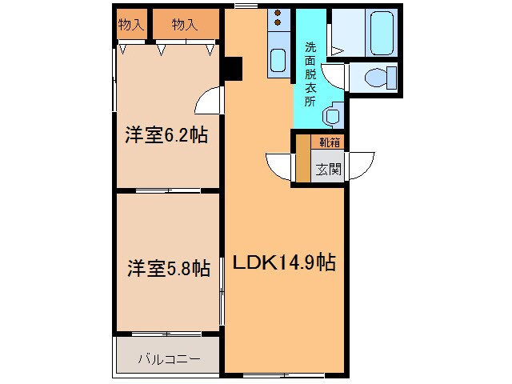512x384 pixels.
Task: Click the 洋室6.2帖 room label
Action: (166, 135)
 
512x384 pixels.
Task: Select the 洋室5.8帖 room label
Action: (169, 269)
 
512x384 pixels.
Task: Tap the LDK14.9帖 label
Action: (284, 262)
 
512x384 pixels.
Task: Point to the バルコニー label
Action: (169, 359)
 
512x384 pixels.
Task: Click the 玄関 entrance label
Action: (328, 169)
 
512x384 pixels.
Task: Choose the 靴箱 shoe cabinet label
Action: (330, 142)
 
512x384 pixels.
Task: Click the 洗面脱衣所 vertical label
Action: (310, 74)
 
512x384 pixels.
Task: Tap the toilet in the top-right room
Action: (380, 78)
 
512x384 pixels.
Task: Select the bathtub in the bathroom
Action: (382, 33)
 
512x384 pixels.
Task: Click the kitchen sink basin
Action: (278, 61)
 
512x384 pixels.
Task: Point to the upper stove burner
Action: (278, 13)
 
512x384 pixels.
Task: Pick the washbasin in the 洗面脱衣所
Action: (333, 114)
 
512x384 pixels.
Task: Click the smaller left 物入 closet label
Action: (131, 25)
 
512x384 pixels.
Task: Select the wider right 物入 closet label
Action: (185, 25)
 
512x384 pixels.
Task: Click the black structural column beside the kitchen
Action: (233, 68)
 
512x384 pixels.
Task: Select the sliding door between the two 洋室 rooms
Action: (168, 190)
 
